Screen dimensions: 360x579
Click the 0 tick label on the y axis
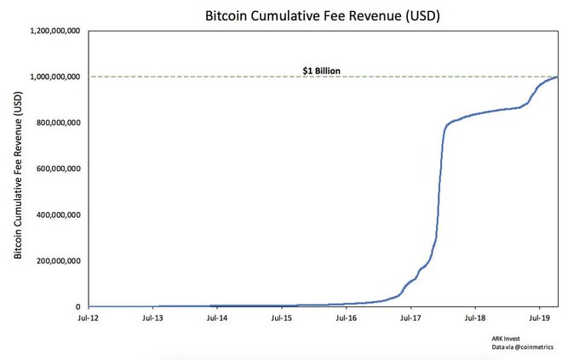pos(77,306)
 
